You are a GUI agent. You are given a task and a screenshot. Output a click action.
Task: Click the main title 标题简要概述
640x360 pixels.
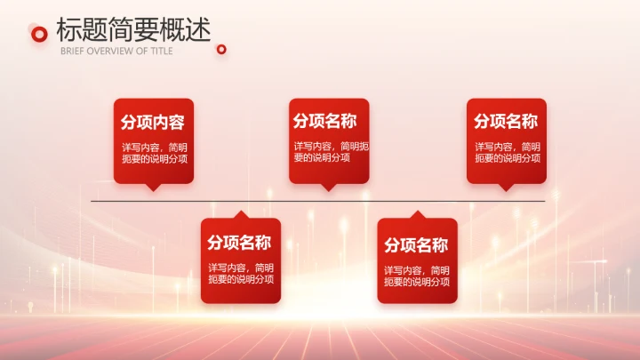133,29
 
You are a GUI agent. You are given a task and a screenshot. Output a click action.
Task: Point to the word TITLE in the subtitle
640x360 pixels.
161,51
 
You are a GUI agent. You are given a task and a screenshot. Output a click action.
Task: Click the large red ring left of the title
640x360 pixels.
38,34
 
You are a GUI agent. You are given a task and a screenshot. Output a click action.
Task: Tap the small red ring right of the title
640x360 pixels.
221,50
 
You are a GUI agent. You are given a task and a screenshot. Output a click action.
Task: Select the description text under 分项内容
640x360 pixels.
154,152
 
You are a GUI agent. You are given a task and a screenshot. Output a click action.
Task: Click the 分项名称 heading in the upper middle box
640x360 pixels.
324,121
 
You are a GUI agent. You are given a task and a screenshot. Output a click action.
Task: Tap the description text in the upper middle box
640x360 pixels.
329,151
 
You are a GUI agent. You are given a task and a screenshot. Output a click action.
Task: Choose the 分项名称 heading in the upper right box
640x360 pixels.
506,122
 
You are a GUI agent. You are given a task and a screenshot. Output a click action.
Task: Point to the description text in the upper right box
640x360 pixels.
507,152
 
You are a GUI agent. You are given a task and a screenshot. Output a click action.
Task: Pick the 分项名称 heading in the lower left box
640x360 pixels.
239,243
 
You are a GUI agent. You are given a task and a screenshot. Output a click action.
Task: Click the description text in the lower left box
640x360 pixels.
241,273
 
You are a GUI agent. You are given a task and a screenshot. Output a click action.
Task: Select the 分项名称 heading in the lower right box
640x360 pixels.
416,245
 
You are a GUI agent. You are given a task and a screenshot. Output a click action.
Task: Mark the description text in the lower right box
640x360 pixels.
417,276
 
